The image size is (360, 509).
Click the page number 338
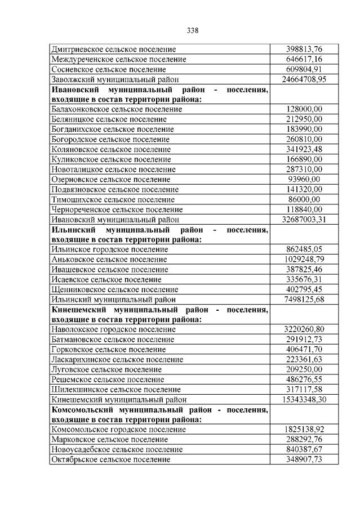coord(192,30)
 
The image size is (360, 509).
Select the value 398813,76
coord(304,49)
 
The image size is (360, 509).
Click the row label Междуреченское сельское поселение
coord(118,59)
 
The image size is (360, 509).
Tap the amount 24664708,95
coord(304,79)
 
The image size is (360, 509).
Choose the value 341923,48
coord(304,149)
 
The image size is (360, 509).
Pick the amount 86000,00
coord(304,199)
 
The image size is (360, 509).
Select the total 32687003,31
coord(304,219)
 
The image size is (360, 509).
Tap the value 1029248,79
coord(304,259)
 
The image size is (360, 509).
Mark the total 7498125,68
coord(304,299)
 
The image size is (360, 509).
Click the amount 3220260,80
coord(304,329)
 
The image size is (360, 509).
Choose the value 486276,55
coord(304,379)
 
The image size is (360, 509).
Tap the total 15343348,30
coord(304,399)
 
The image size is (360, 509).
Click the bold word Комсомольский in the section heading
coord(82,409)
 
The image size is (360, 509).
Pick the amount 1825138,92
coord(304,429)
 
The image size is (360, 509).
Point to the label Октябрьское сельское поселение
coord(110,459)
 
